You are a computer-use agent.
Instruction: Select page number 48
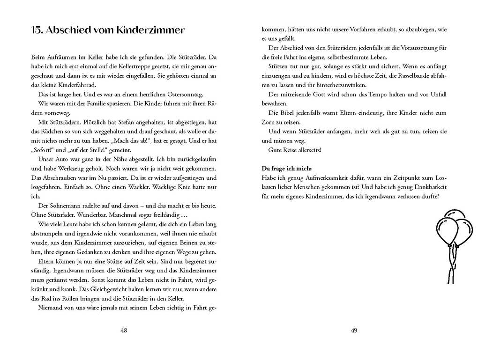click(x=124, y=330)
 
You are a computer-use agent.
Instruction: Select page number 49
click(x=354, y=330)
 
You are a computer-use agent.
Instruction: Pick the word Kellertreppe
click(x=101, y=66)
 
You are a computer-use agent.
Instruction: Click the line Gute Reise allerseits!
click(x=295, y=150)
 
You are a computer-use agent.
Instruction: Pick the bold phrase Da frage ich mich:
click(x=286, y=168)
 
